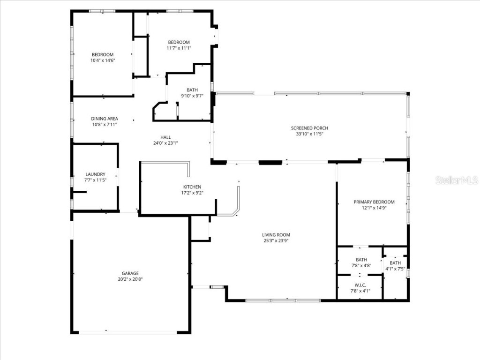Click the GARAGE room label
(130, 273)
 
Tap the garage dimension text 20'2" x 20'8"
(130, 279)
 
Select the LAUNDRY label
(95, 174)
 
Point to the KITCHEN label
(192, 187)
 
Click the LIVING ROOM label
(276, 235)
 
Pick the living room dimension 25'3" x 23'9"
(276, 241)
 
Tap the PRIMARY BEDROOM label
(374, 202)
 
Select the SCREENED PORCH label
(309, 128)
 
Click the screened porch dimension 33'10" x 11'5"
(309, 134)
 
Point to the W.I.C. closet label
(360, 285)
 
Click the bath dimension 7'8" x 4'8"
(361, 266)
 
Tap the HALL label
(165, 137)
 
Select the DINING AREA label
(105, 119)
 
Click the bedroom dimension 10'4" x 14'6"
(103, 60)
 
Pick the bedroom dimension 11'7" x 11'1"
(179, 48)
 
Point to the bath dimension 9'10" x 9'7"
(192, 96)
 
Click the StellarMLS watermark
(457, 180)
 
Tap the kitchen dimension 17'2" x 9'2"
(192, 193)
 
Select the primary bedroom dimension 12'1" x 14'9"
(374, 208)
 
